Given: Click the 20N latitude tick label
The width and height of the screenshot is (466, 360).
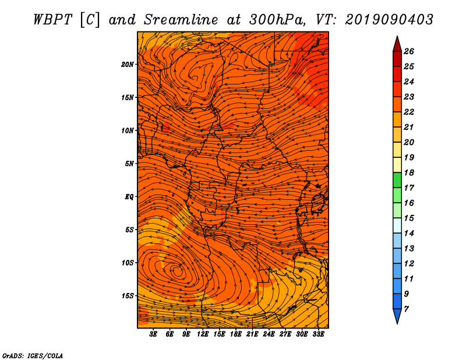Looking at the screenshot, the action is pyautogui.click(x=128, y=65).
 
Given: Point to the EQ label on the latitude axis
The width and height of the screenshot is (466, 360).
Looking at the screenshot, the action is pyautogui.click(x=129, y=197).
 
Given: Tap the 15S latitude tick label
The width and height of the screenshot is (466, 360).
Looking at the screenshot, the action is pyautogui.click(x=128, y=296).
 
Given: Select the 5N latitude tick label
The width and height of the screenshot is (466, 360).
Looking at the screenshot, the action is pyautogui.click(x=129, y=164).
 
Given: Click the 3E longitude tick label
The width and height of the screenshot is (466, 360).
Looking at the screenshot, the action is pyautogui.click(x=153, y=334).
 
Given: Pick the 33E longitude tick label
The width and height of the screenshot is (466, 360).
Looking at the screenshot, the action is pyautogui.click(x=318, y=334).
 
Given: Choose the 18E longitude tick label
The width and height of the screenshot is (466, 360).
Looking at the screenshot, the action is pyautogui.click(x=236, y=334).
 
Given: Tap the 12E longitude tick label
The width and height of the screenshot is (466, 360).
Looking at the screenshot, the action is pyautogui.click(x=203, y=334).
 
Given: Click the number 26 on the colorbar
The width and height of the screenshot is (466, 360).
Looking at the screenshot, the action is pyautogui.click(x=409, y=51).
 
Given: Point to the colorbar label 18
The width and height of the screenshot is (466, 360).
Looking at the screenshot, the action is pyautogui.click(x=409, y=172).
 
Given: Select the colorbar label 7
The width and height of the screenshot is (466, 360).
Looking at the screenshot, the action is pyautogui.click(x=406, y=309).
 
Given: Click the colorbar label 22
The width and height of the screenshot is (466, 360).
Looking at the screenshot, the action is pyautogui.click(x=409, y=112).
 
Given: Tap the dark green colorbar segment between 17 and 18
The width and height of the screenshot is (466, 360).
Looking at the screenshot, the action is pyautogui.click(x=397, y=180).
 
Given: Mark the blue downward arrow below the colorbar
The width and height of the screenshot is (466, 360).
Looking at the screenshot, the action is pyautogui.click(x=397, y=315).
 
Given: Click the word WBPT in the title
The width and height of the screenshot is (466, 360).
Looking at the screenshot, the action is pyautogui.click(x=52, y=20).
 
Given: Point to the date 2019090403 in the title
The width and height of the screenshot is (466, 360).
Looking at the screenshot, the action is pyautogui.click(x=389, y=20).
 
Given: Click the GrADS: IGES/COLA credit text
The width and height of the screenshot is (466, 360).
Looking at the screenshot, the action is pyautogui.click(x=33, y=355).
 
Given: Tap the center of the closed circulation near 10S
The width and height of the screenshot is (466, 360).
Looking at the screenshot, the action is pyautogui.click(x=178, y=271).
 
